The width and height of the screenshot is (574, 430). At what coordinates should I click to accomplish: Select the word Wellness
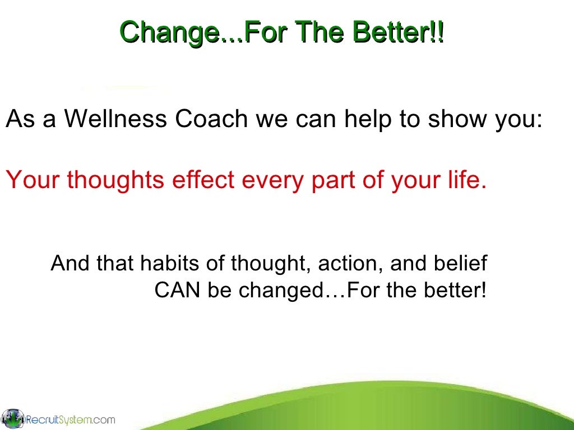coord(115,120)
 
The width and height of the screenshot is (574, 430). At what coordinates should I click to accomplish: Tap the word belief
coord(460,263)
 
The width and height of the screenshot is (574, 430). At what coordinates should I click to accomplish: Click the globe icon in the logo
coord(12,419)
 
